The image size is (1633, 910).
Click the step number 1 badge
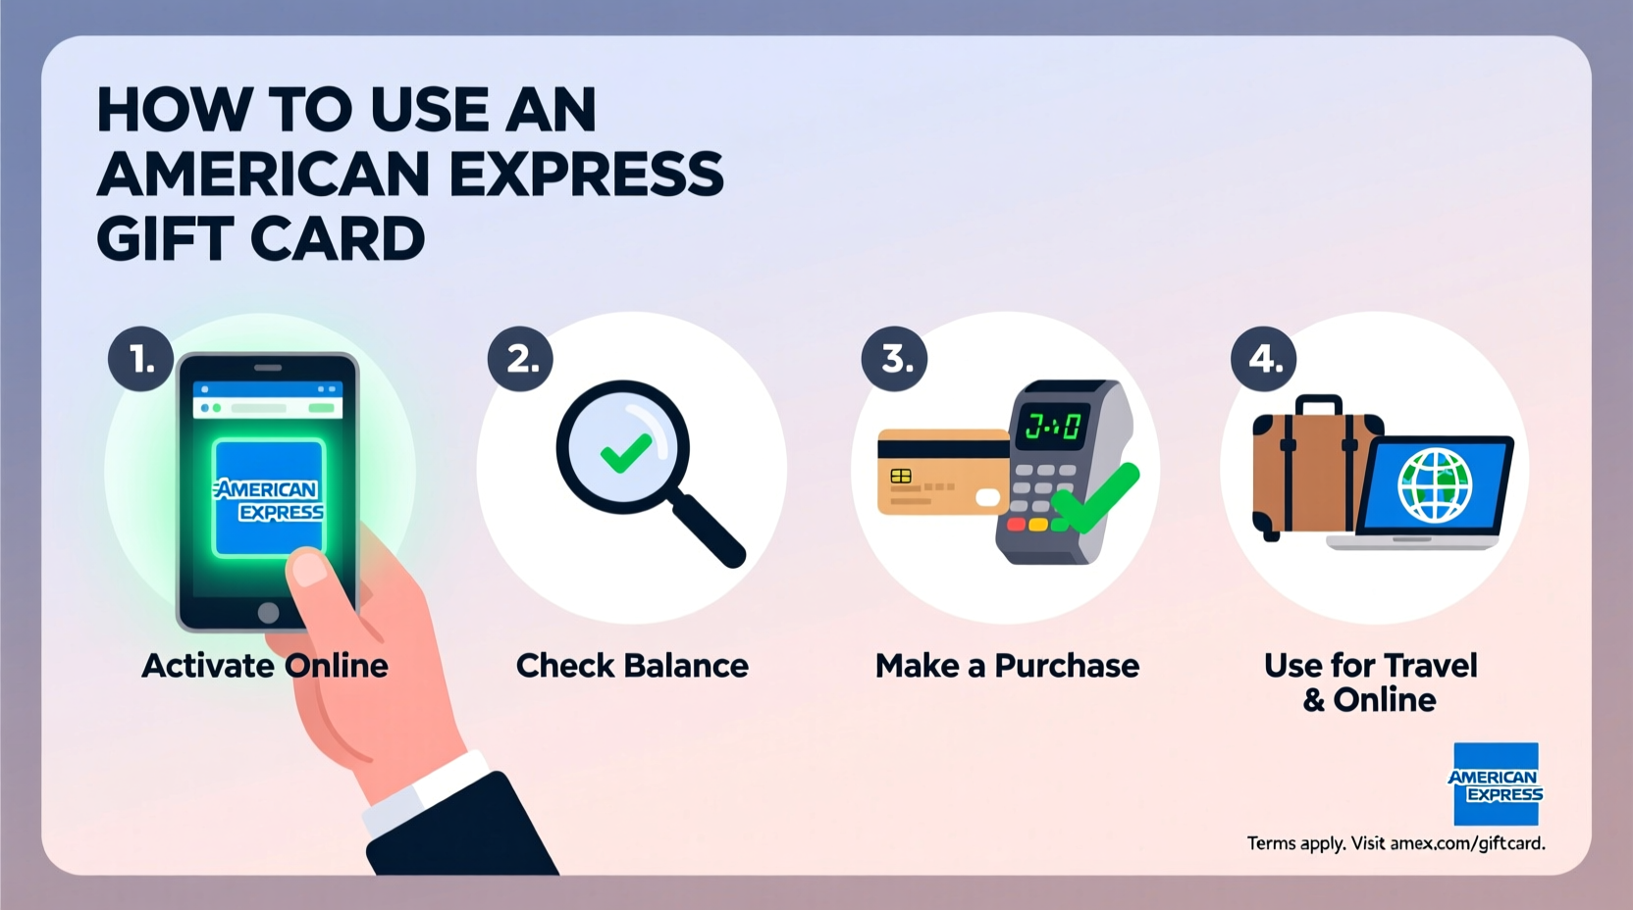click(x=141, y=360)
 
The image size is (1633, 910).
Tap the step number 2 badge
click(x=521, y=359)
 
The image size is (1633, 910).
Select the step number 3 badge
click(x=895, y=359)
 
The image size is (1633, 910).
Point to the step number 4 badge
click(x=1264, y=359)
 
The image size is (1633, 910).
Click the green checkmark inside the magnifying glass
click(x=625, y=452)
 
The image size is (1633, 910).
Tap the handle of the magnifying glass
click(x=708, y=530)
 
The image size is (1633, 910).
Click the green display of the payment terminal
click(x=1052, y=426)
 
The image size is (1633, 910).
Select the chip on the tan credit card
click(x=901, y=477)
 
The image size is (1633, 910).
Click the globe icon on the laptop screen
click(x=1435, y=484)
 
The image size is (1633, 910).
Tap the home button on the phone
click(x=268, y=613)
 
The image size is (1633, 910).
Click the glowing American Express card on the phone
click(x=269, y=497)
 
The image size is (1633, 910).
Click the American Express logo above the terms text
click(x=1496, y=784)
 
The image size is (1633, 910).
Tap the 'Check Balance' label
click(x=632, y=666)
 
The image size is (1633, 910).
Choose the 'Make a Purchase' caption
click(x=1007, y=666)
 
